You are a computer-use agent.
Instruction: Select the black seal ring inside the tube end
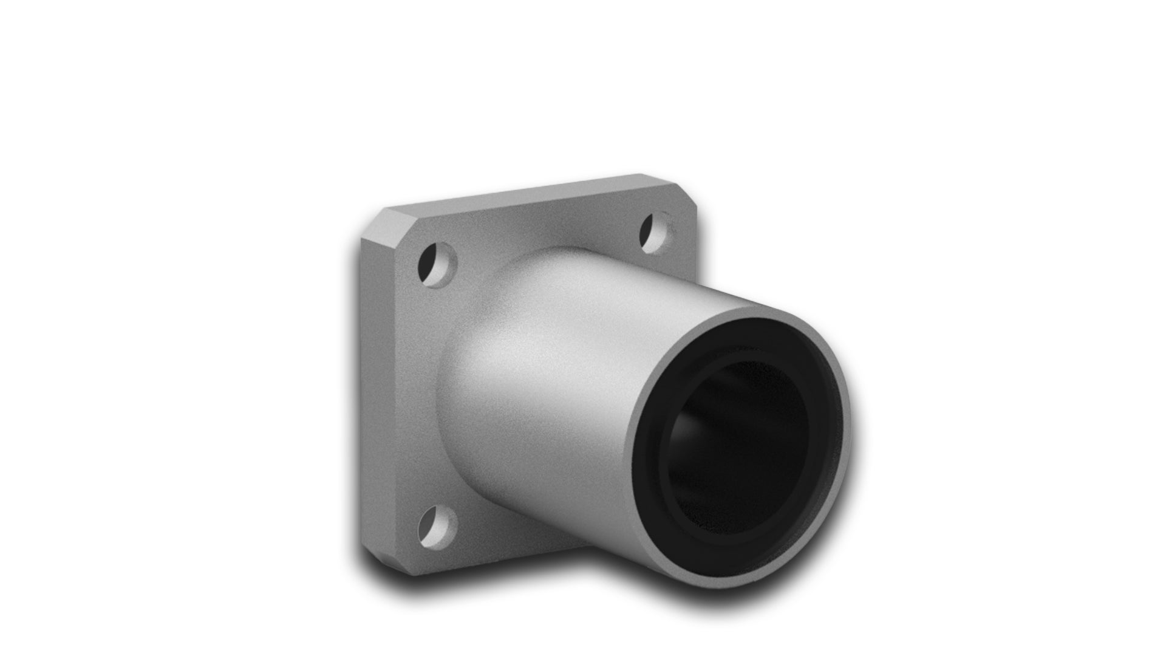pos(662,468)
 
